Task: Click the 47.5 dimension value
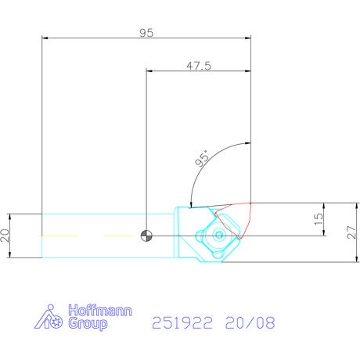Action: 199,66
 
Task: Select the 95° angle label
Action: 203,158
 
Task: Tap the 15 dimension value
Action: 319,219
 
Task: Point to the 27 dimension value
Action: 351,232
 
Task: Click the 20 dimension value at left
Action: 5,236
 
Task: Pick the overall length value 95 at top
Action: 146,33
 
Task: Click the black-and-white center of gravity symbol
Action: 146,236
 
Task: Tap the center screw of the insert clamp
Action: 218,236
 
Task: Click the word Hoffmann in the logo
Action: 100,310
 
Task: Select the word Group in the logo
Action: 88,324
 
